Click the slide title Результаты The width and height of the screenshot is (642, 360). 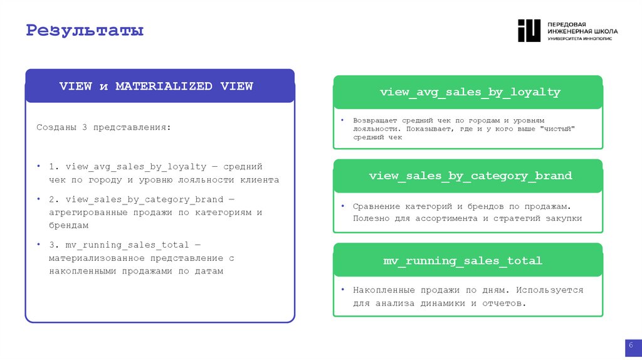pyautogui.click(x=85, y=29)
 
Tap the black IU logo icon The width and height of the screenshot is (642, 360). pyautogui.click(x=529, y=31)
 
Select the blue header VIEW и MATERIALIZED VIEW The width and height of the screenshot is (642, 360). pyautogui.click(x=156, y=87)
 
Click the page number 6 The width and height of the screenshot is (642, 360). pyautogui.click(x=630, y=346)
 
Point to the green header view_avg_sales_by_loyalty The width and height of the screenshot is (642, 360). pyautogui.click(x=470, y=92)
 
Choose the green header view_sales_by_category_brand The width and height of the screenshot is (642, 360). pyautogui.click(x=470, y=176)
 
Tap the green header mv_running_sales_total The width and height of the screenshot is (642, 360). pyautogui.click(x=462, y=260)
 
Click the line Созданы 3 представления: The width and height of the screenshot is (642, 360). pyautogui.click(x=103, y=127)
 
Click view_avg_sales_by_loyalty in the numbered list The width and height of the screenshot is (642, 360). pyautogui.click(x=136, y=167)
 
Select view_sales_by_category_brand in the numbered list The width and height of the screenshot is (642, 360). pyautogui.click(x=144, y=199)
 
